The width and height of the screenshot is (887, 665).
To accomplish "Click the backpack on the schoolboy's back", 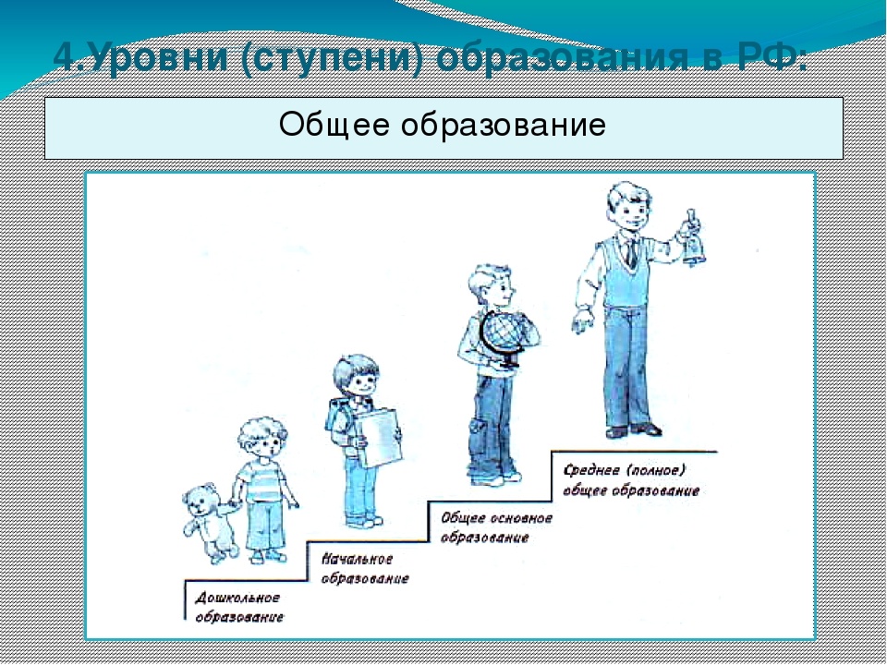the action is [x=338, y=420].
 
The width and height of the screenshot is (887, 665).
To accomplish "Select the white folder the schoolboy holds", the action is [x=379, y=438].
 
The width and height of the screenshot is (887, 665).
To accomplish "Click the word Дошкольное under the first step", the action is [x=237, y=598].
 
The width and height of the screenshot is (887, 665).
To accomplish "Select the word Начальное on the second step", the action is [x=357, y=560].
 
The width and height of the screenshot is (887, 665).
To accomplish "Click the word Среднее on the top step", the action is [x=589, y=470].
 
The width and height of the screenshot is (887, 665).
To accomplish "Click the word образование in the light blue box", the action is [x=504, y=125].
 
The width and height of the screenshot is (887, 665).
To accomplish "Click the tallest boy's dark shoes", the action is [x=634, y=430].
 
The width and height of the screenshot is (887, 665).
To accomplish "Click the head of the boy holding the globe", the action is [x=492, y=286].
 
